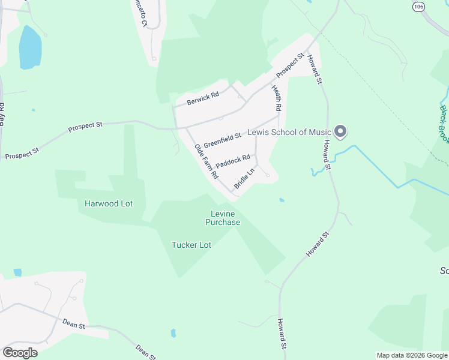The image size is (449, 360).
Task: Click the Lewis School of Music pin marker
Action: click(x=341, y=131)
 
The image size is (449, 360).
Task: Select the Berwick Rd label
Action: click(x=202, y=98)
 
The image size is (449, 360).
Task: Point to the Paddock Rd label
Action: click(x=232, y=161)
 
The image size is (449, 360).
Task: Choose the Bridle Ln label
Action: click(x=244, y=178)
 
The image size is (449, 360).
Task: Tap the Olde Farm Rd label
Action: click(x=206, y=161)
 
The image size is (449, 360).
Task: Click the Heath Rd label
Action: click(x=277, y=99)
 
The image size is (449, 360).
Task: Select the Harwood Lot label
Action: click(x=109, y=203)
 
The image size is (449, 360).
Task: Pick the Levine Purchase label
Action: click(x=223, y=218)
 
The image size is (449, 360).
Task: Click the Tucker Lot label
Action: click(x=191, y=245)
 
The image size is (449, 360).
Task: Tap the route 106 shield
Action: click(x=418, y=5)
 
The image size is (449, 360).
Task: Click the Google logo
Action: click(x=20, y=352)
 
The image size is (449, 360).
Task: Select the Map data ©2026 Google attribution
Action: click(x=412, y=355)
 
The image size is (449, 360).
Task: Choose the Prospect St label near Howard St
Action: click(x=291, y=66)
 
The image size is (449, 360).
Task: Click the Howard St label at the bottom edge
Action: click(x=281, y=334)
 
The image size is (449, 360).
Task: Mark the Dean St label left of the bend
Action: click(x=74, y=324)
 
